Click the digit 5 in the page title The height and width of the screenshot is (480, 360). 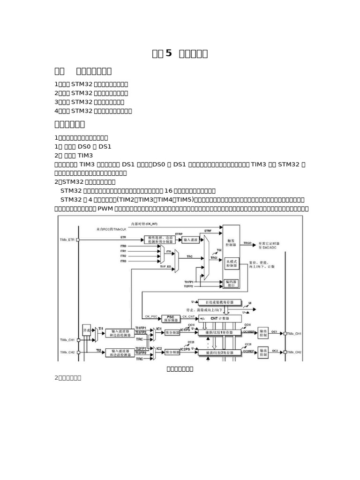tap(169, 53)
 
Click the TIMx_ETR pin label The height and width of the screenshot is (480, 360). tap(67, 240)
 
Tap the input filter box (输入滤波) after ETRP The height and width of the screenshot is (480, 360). tap(191, 239)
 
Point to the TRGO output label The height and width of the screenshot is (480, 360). tap(247, 244)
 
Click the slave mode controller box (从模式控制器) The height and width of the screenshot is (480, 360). tap(231, 262)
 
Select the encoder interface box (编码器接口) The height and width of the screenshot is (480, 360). tap(232, 283)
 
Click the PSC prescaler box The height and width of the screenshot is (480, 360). tap(171, 318)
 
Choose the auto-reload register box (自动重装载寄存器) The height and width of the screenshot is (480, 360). tap(220, 302)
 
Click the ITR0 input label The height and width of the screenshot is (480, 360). tap(123, 246)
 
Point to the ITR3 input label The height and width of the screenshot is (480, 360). tap(123, 261)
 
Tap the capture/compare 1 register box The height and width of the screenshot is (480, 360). tap(219, 332)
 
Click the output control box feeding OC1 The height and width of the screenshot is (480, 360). tap(263, 333)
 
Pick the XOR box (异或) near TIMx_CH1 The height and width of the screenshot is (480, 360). tap(86, 330)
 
